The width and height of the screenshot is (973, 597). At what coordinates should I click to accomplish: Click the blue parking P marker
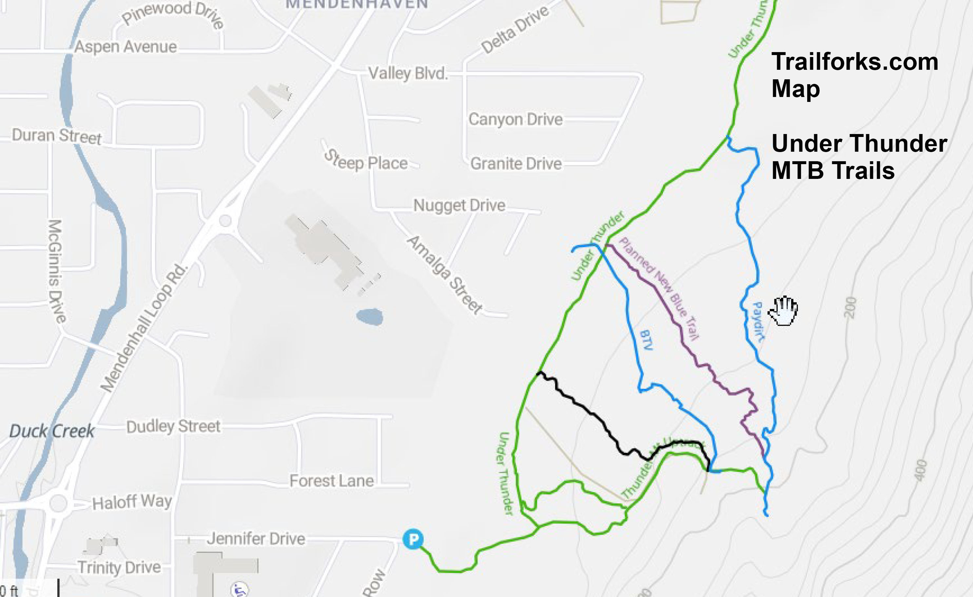(x=413, y=539)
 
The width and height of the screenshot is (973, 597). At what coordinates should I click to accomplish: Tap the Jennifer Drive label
(x=256, y=539)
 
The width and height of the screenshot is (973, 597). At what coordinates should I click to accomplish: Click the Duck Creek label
(x=52, y=431)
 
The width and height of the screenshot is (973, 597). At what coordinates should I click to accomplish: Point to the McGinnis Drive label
(x=56, y=271)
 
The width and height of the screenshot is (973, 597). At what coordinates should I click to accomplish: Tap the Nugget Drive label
(x=459, y=205)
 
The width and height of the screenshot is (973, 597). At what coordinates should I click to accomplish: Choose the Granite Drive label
(x=516, y=164)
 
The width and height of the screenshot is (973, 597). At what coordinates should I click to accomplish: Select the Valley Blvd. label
(x=408, y=73)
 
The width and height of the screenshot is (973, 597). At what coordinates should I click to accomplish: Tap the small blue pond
(x=370, y=317)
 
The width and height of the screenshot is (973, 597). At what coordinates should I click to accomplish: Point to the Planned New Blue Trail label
(x=659, y=289)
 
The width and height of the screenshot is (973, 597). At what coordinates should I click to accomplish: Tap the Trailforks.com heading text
(x=855, y=62)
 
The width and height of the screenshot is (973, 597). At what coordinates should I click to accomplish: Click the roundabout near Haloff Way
(x=58, y=503)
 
